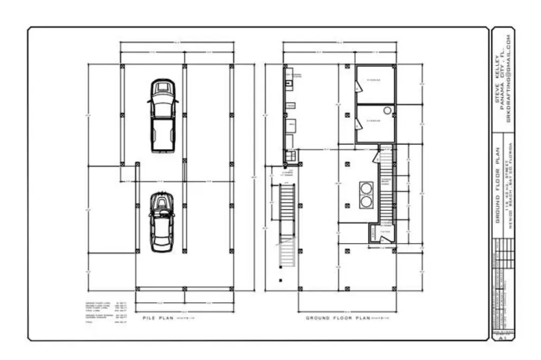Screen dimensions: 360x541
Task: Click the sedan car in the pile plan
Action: pyautogui.click(x=161, y=222)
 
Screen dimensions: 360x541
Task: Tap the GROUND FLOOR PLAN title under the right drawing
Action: pyautogui.click(x=338, y=318)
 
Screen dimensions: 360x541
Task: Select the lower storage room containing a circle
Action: pyautogui.click(x=375, y=123)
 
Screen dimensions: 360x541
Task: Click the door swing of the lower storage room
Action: pyautogui.click(x=359, y=124)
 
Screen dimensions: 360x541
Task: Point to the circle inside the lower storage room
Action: pyautogui.click(x=387, y=110)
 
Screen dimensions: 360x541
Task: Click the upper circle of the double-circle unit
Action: pyautogui.click(x=366, y=187)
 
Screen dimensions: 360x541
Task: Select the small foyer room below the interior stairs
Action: pyautogui.click(x=381, y=234)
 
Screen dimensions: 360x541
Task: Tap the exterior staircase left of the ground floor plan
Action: pyautogui.click(x=286, y=222)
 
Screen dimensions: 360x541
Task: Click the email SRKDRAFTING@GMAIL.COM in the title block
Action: pyautogui.click(x=509, y=79)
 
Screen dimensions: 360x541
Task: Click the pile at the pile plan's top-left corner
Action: pyautogui.click(x=123, y=66)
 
